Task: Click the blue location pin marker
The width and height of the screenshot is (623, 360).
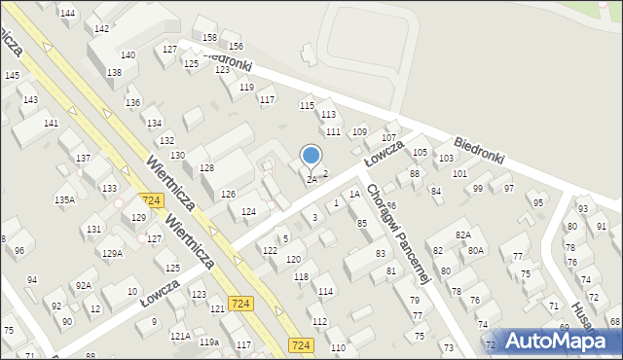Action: point(311,156)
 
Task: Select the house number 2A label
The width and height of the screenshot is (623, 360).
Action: point(311,179)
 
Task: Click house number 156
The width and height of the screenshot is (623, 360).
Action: point(235,46)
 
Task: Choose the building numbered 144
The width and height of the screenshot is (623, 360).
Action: point(67,13)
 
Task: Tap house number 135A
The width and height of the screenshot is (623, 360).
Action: point(64,199)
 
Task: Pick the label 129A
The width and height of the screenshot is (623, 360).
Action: point(112,253)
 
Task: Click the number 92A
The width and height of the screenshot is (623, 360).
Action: point(84,285)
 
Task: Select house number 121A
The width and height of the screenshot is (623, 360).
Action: point(179,336)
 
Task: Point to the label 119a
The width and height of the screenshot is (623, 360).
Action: point(208,342)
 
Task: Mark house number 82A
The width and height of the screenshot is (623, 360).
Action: point(462,234)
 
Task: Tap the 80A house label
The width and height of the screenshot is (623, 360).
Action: point(475,250)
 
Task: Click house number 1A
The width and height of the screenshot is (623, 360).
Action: point(355,194)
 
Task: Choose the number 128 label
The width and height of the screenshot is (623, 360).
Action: point(206,168)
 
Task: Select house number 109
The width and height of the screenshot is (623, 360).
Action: point(359,131)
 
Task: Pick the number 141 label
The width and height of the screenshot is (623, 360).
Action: point(51,123)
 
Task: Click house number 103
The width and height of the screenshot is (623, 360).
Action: point(446,158)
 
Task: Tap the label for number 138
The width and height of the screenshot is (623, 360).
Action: point(114,72)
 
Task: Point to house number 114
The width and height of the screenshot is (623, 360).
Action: point(325,291)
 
